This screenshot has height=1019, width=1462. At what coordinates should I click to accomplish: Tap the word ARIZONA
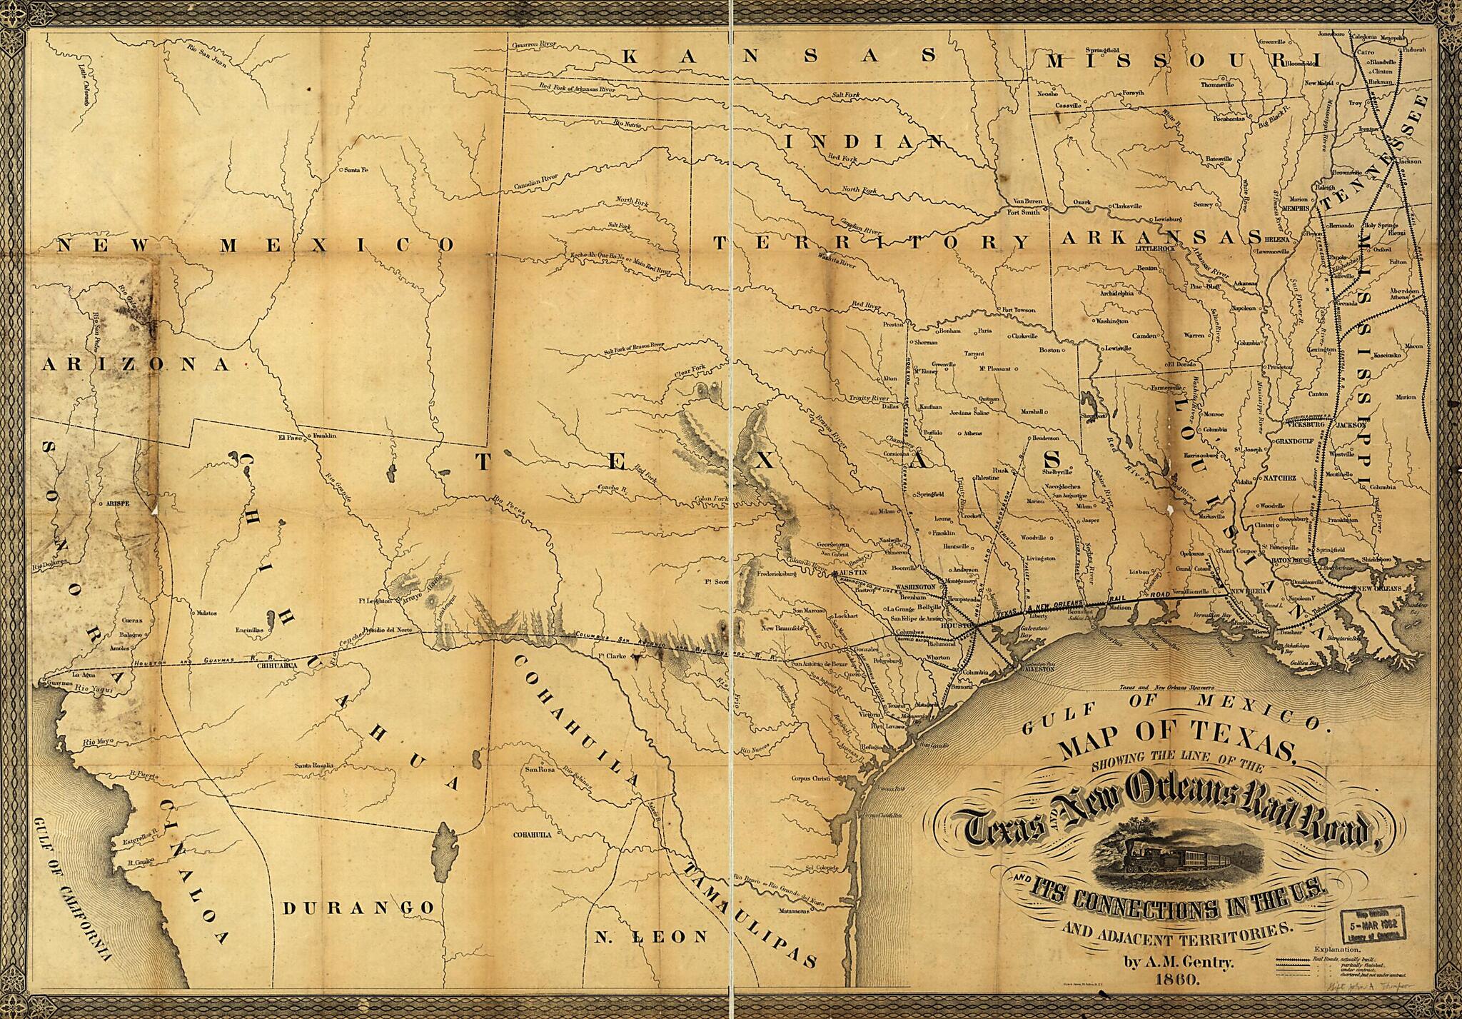tap(136, 365)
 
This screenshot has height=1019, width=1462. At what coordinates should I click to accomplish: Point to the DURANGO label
tap(358, 908)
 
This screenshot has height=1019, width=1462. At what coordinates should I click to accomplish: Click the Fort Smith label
tap(1022, 211)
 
